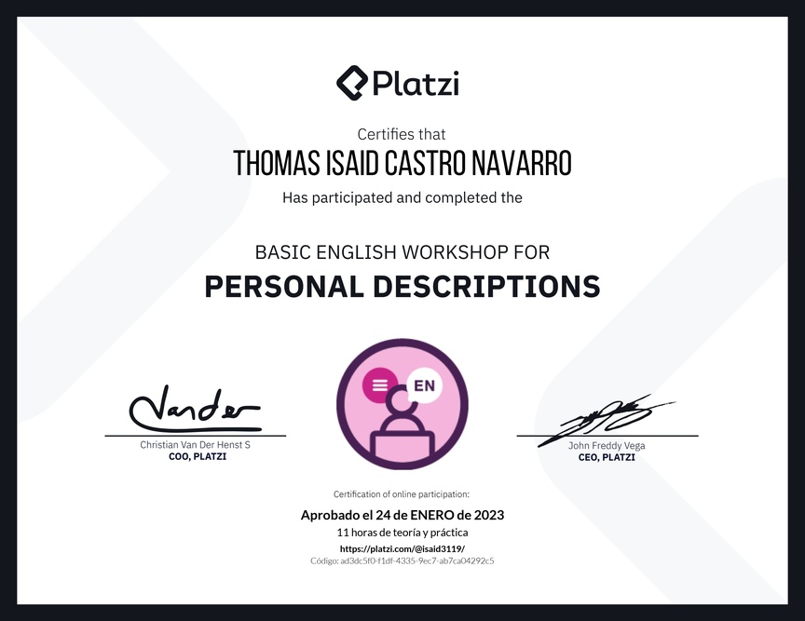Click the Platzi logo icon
coord(352,83)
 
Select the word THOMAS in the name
coord(276,163)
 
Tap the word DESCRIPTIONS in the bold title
coord(486,287)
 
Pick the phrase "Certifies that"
coord(402,134)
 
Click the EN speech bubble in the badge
coord(424,386)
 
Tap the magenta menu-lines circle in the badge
coord(380,385)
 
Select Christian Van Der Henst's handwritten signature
coord(195,409)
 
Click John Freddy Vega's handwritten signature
coord(606,420)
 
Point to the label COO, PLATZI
coord(198,456)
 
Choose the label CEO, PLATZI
coord(607,457)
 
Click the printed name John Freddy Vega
coord(607,445)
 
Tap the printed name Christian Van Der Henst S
coord(195,444)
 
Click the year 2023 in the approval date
coord(489,515)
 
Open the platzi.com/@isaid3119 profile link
coord(402,548)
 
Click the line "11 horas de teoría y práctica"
coord(402,533)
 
